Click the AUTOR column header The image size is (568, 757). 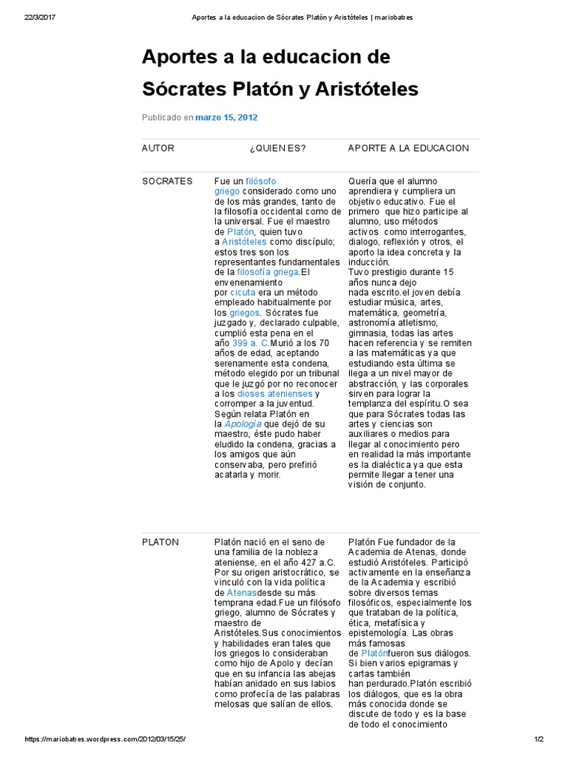point(158,148)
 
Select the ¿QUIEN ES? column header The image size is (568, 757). point(277,148)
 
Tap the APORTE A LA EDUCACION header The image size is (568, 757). point(408,148)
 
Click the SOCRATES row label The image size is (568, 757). point(166,181)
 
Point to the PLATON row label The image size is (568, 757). point(160,542)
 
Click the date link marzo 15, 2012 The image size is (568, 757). point(226,117)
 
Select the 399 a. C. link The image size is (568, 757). point(251,343)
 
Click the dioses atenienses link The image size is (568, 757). point(275,394)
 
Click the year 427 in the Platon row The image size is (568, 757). point(302,563)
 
